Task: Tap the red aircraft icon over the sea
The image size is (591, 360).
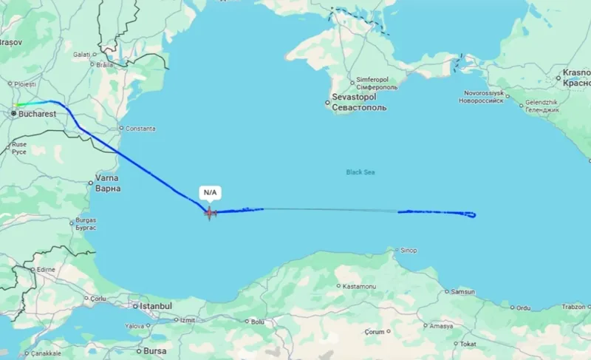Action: pyautogui.click(x=210, y=213)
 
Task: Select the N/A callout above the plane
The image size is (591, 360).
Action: pyautogui.click(x=210, y=193)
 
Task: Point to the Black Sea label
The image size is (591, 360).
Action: pyautogui.click(x=361, y=172)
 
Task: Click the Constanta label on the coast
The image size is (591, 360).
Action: pyautogui.click(x=140, y=129)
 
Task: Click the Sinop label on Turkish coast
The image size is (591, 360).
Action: pyautogui.click(x=408, y=251)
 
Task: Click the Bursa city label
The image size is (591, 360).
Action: pyautogui.click(x=154, y=350)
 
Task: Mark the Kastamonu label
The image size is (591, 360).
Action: pyautogui.click(x=358, y=286)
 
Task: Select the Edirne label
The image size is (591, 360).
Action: pyautogui.click(x=46, y=269)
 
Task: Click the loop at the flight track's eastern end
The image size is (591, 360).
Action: pyautogui.click(x=471, y=215)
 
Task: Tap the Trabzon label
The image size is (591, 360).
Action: pyautogui.click(x=573, y=307)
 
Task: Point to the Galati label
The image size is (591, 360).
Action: pyautogui.click(x=81, y=55)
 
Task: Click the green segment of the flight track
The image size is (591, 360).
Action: pyautogui.click(x=25, y=104)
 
